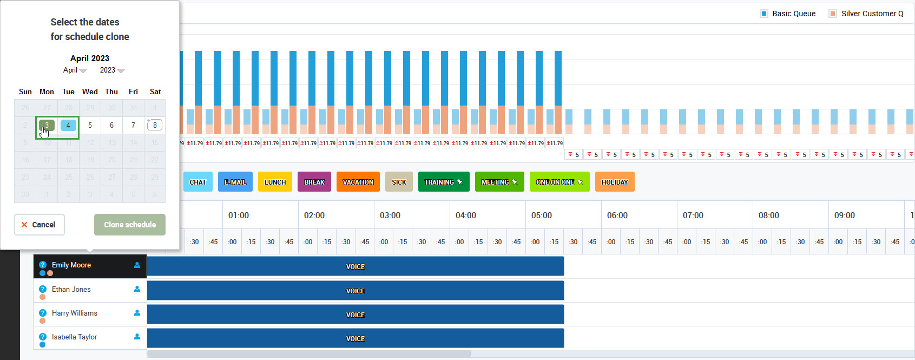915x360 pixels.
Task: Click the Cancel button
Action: point(40,225)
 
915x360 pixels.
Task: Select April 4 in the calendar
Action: point(68,125)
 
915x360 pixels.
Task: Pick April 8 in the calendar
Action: point(155,125)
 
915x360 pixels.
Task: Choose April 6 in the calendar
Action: point(111,125)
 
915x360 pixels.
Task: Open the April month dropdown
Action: point(75,70)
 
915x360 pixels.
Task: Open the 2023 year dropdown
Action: point(112,70)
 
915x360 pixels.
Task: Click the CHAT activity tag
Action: point(198,182)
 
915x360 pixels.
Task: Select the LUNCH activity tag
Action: point(275,182)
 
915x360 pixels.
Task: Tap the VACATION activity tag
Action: point(358,182)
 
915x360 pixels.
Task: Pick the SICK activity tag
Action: point(399,182)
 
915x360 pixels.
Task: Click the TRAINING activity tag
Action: point(443,182)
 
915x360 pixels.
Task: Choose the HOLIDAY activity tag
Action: point(615,182)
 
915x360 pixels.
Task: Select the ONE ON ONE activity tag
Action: point(559,182)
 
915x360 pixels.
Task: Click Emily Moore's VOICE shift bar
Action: point(355,266)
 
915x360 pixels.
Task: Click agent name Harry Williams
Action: point(75,313)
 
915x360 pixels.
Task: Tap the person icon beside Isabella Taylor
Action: point(137,337)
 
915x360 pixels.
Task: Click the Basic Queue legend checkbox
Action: point(764,14)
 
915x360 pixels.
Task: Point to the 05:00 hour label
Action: point(541,215)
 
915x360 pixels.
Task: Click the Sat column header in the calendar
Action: point(155,92)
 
